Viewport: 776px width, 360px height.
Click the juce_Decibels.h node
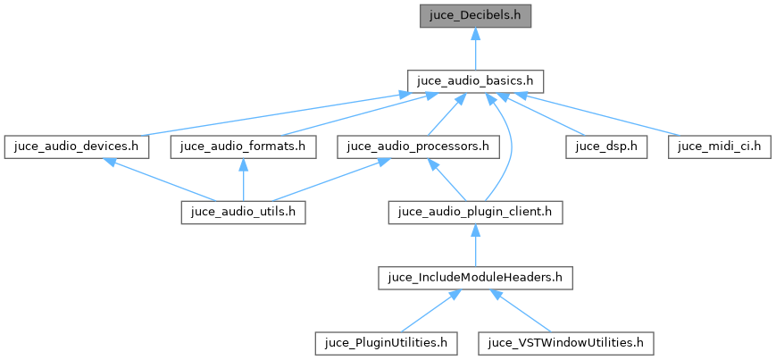coord(475,15)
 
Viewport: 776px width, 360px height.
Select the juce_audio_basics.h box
coord(475,80)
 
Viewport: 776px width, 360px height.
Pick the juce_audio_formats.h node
coord(243,146)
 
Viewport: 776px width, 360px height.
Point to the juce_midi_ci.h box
coord(720,146)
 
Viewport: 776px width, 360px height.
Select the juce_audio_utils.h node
coord(243,212)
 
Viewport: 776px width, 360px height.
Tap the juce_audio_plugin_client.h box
coord(475,212)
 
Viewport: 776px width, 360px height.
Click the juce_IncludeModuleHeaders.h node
coord(475,277)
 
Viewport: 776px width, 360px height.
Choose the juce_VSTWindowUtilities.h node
coord(566,342)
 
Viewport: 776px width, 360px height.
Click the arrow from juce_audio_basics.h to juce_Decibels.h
coord(475,48)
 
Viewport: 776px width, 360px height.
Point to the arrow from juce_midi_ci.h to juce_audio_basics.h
coord(607,113)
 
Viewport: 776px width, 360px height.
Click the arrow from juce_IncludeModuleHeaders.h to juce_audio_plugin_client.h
coord(475,245)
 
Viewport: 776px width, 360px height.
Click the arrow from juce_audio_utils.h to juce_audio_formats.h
coord(243,180)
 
